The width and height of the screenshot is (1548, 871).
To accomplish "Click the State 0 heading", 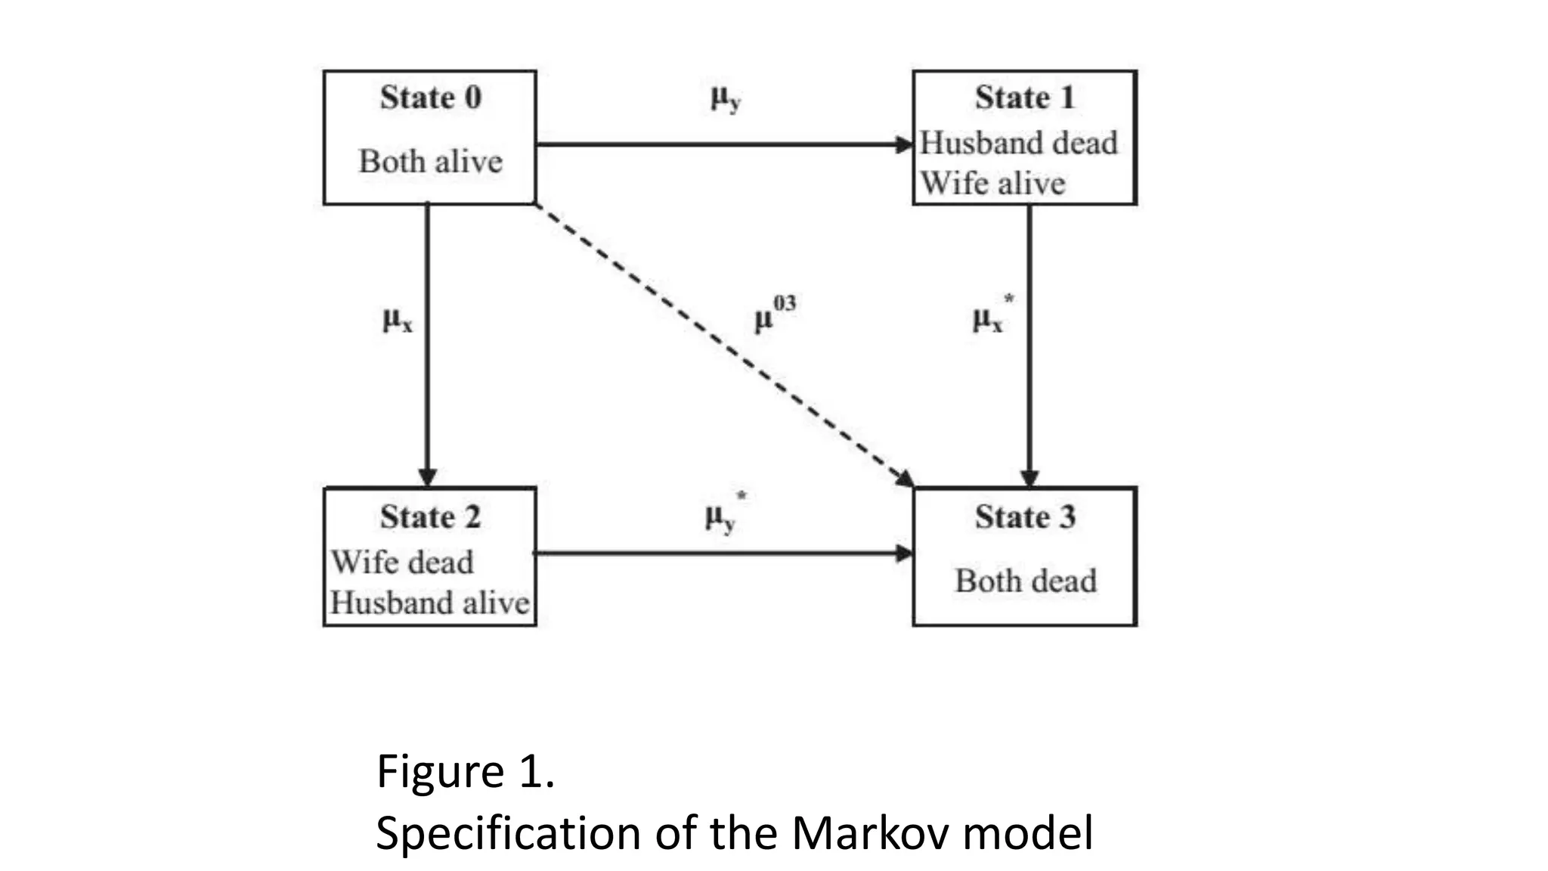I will pyautogui.click(x=430, y=98).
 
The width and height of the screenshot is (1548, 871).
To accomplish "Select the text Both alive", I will pyautogui.click(x=430, y=161).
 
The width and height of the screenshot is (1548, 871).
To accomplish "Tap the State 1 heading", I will pyautogui.click(x=1024, y=98).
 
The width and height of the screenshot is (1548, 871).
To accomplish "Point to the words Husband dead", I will pyautogui.click(x=1018, y=143).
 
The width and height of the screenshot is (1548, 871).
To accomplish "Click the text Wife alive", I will pyautogui.click(x=992, y=184).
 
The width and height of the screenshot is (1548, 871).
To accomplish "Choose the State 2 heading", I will pyautogui.click(x=430, y=517).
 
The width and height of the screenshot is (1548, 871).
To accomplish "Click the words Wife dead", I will pyautogui.click(x=402, y=563).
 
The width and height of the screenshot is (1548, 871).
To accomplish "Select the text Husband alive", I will pyautogui.click(x=430, y=603).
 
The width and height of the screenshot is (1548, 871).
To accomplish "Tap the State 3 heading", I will pyautogui.click(x=1024, y=517).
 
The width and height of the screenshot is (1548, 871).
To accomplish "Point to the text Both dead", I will pyautogui.click(x=1025, y=581).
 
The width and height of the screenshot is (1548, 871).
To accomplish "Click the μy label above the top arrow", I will pyautogui.click(x=725, y=98).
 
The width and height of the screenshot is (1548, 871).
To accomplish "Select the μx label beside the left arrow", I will pyautogui.click(x=398, y=321).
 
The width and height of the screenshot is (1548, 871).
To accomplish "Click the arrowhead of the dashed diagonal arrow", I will pyautogui.click(x=905, y=478).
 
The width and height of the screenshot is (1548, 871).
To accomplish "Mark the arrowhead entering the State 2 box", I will pyautogui.click(x=427, y=477).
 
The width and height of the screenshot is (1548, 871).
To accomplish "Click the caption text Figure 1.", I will pyautogui.click(x=465, y=772).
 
